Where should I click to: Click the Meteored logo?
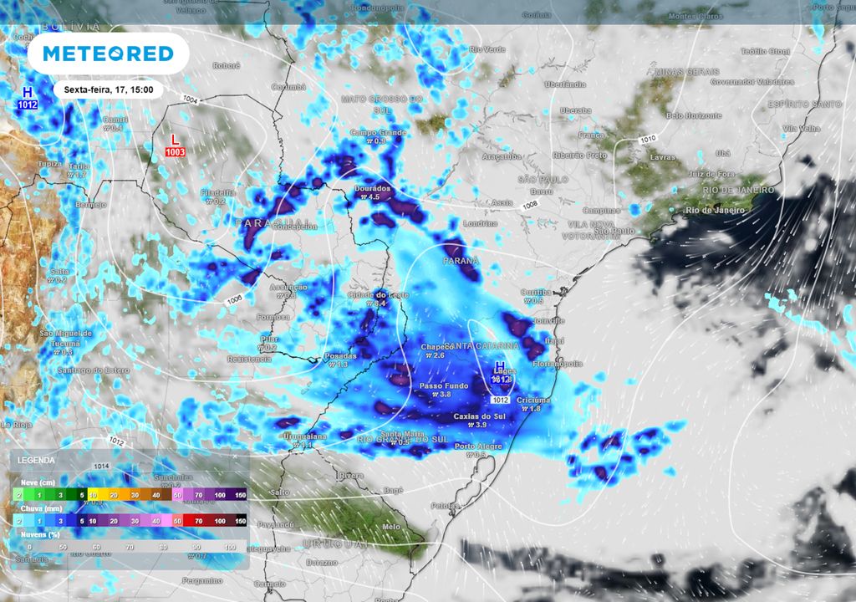(108, 54)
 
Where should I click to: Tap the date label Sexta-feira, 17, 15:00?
(109, 89)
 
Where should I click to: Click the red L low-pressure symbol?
(175, 139)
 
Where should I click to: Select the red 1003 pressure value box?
(176, 152)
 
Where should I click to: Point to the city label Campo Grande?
(378, 133)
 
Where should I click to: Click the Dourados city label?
(372, 188)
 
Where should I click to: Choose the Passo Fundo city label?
(436, 385)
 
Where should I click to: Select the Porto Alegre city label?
(477, 446)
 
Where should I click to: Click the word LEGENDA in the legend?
(37, 461)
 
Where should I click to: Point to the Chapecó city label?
(436, 346)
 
